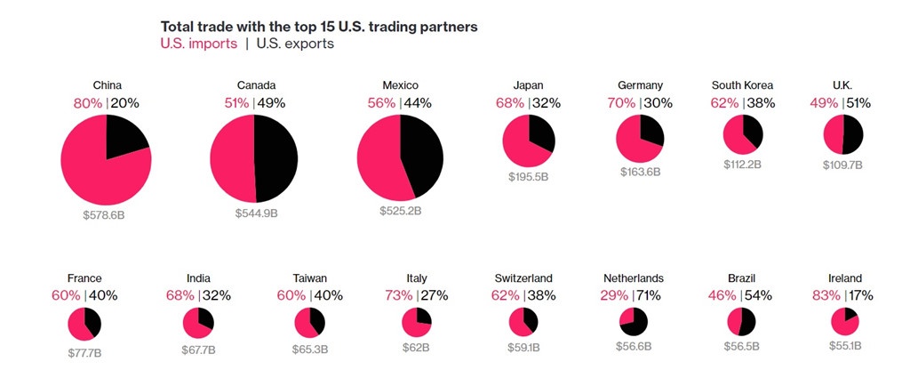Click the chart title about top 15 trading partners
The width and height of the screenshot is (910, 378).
(x=318, y=27)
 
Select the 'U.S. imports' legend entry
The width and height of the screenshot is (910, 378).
(x=198, y=44)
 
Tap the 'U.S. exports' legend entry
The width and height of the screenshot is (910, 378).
(x=295, y=44)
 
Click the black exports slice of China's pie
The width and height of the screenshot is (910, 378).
(x=124, y=138)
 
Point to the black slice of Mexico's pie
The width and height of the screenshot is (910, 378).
(x=422, y=153)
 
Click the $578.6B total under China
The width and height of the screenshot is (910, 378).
(x=107, y=214)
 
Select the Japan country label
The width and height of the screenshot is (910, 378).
(x=528, y=85)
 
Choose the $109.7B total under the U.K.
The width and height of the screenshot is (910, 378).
(x=842, y=165)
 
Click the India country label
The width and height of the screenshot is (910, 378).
(x=199, y=278)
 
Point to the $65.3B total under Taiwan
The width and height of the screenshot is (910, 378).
(x=310, y=350)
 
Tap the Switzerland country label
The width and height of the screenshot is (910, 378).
(x=523, y=278)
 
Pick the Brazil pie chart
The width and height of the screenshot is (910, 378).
(x=740, y=321)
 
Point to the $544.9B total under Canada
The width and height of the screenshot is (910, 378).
(x=256, y=213)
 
